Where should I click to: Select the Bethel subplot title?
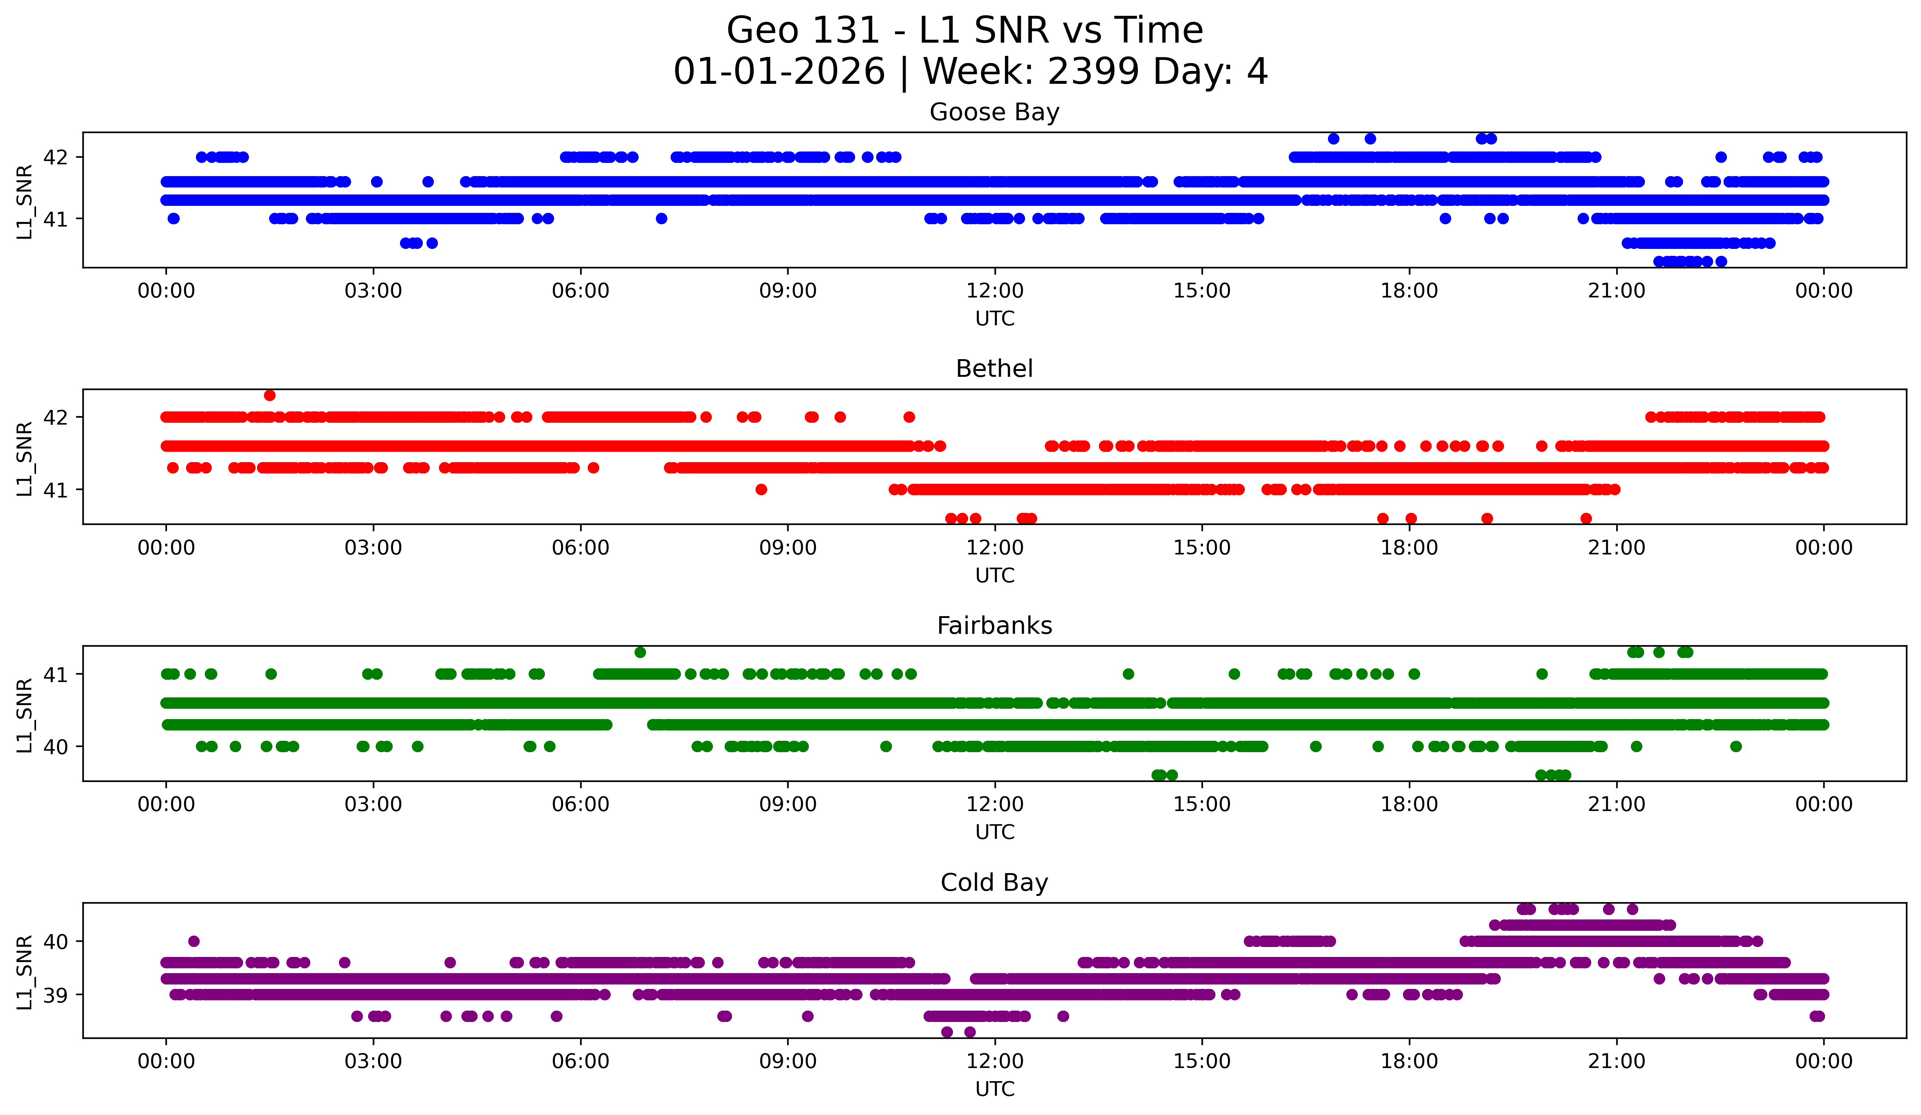[x=994, y=369]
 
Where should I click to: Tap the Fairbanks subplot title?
[x=994, y=626]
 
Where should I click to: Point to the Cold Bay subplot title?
[x=994, y=883]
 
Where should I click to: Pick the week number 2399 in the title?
[x=1093, y=72]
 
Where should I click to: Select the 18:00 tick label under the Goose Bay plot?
[x=1409, y=290]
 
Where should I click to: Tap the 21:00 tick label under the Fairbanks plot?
[x=1616, y=804]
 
